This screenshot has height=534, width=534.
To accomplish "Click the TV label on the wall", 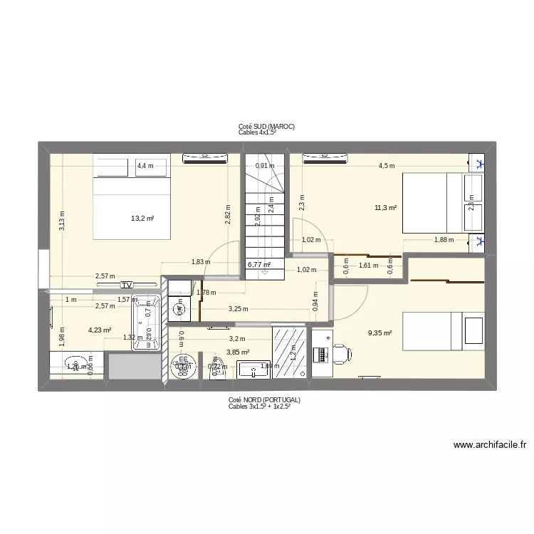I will click(127, 285).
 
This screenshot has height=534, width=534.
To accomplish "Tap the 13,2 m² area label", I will click(142, 219).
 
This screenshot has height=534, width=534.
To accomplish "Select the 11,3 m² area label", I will click(385, 208).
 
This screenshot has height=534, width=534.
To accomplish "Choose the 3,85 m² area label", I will click(238, 352).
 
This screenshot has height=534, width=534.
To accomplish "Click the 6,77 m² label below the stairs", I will click(258, 264).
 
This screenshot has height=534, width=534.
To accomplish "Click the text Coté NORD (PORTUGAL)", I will click(265, 400).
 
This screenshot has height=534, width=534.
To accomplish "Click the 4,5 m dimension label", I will click(386, 166).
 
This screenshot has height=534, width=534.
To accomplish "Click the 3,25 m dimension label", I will click(238, 309).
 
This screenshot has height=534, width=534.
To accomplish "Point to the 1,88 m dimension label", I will click(444, 239).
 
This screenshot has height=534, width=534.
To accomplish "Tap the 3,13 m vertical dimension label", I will click(62, 222).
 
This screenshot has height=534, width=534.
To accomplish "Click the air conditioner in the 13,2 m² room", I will click(206, 158).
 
